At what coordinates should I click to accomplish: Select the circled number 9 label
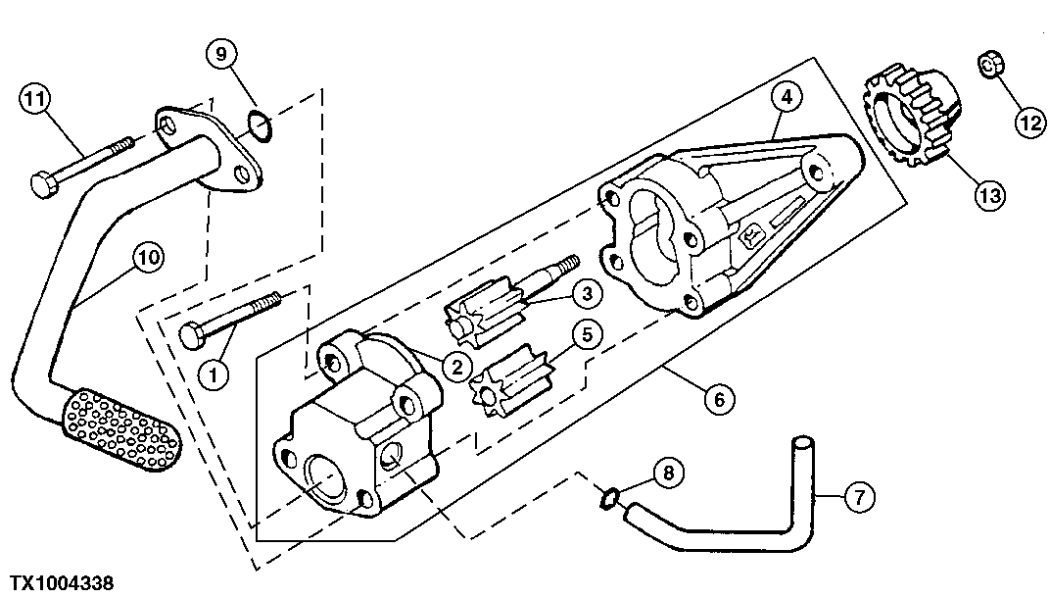pos(220,54)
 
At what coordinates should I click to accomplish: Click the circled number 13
pos(989,196)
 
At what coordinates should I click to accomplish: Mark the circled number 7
pos(859,498)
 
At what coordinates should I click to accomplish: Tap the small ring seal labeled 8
pos(608,499)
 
